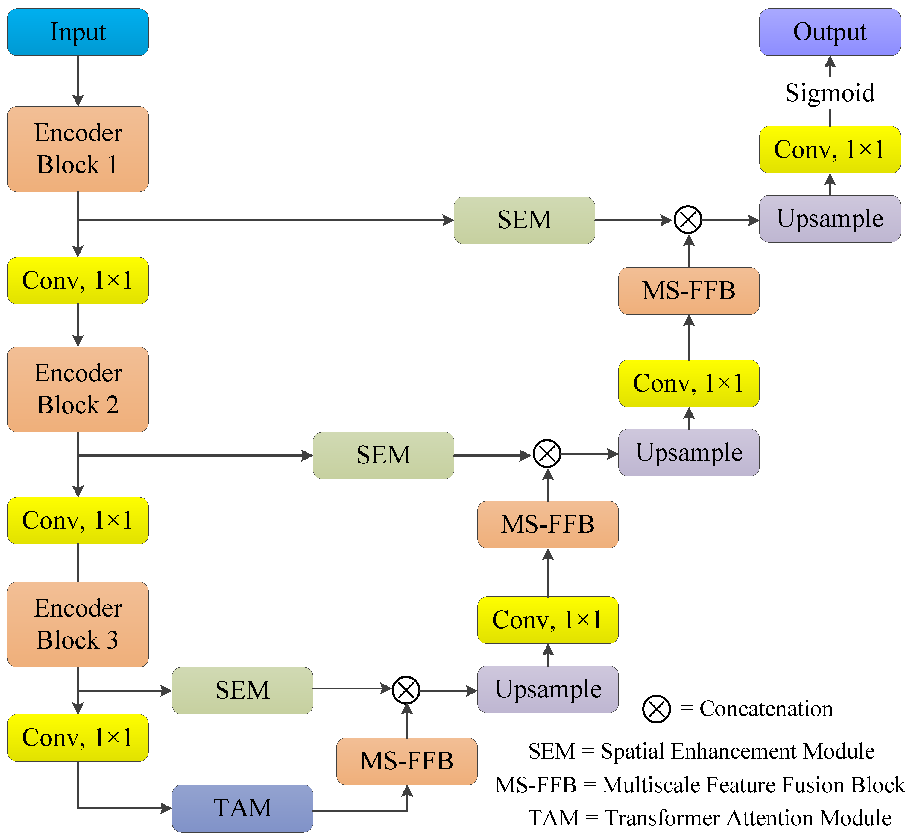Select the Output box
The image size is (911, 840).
(829, 32)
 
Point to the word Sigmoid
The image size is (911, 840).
(829, 93)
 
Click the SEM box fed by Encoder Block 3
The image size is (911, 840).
(242, 690)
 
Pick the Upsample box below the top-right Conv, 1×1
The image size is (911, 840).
(829, 219)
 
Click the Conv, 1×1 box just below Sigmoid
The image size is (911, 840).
(829, 149)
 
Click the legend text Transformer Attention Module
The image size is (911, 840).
(748, 818)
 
